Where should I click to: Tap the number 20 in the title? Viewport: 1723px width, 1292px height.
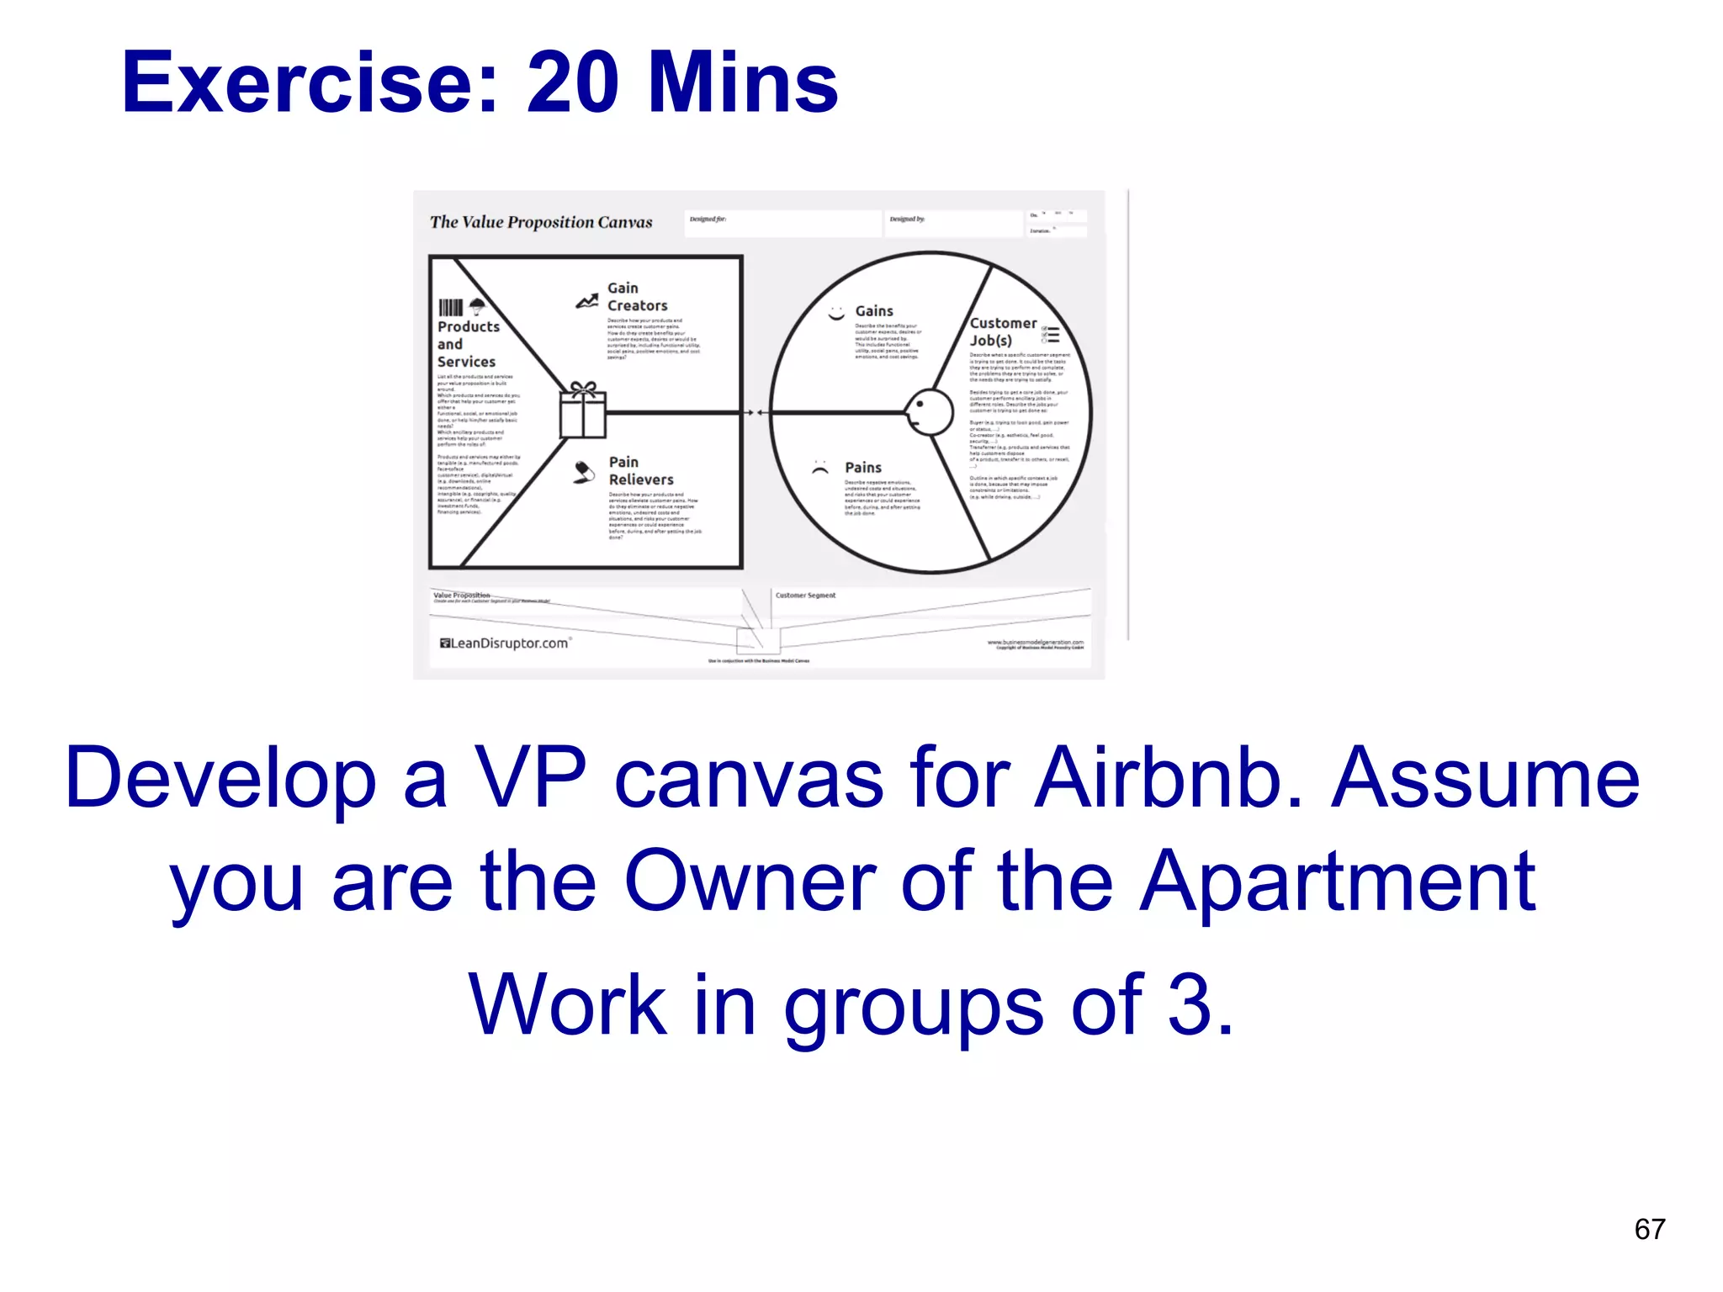(x=574, y=82)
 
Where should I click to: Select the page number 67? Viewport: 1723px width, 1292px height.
(x=1649, y=1229)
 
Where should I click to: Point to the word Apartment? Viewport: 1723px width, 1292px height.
(x=1338, y=882)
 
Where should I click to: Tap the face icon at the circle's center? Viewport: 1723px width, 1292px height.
(x=929, y=412)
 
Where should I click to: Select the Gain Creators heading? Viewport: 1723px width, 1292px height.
(x=637, y=297)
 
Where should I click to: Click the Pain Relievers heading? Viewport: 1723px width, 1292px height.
(x=640, y=471)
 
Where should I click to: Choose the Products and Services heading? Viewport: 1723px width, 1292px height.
(x=468, y=344)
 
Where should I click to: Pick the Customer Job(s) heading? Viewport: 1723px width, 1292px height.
(x=1002, y=331)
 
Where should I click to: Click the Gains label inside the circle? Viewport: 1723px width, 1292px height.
(x=874, y=311)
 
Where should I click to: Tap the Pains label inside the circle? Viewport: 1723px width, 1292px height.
(x=863, y=468)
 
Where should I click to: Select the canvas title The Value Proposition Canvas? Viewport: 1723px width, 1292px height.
(x=541, y=222)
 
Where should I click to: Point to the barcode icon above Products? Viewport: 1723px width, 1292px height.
(x=451, y=307)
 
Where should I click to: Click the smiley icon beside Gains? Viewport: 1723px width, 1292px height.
(x=836, y=314)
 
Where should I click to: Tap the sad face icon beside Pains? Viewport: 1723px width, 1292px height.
(x=820, y=469)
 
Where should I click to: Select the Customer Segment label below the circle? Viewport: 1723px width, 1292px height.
(x=805, y=596)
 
